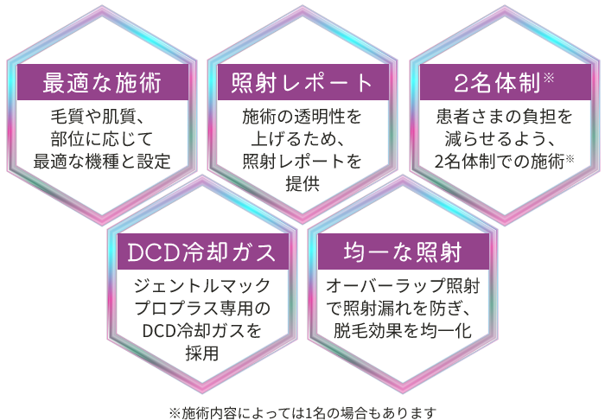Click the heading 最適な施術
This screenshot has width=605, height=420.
coord(102,83)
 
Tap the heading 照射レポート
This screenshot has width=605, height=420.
coord(302,83)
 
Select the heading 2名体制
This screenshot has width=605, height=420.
coord(497,83)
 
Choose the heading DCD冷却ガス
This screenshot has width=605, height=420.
coord(201,252)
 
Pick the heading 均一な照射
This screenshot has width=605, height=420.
coord(403,252)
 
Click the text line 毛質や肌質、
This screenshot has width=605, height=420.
coord(98,117)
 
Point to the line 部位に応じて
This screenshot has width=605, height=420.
coord(102,139)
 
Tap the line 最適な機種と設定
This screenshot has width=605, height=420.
coord(102,162)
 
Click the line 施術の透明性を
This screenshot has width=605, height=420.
coord(302,117)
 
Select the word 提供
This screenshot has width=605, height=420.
coord(302,183)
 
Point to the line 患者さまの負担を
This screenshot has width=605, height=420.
coord(504,117)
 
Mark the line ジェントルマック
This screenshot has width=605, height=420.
coord(201,286)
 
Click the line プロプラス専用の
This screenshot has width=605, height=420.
coord(201,309)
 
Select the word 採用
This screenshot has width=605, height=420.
coord(201,353)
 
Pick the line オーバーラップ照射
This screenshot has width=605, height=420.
coord(403,286)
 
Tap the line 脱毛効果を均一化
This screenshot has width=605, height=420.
coord(403,330)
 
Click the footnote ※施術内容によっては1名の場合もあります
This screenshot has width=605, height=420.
coord(302,413)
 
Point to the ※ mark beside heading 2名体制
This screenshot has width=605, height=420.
coord(548,78)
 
